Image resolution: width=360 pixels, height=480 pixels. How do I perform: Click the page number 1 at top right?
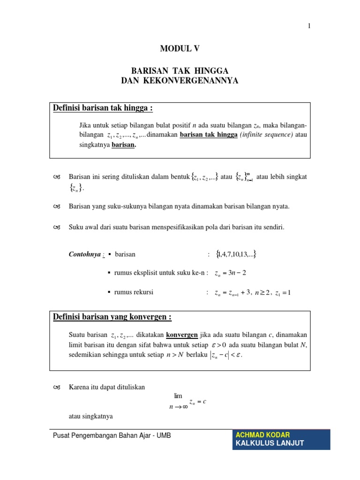(x=309, y=26)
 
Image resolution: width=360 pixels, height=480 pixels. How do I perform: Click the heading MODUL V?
(x=180, y=48)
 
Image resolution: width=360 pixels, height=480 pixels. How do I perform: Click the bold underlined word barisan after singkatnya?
(x=124, y=145)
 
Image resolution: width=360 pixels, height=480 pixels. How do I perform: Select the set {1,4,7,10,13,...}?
(x=236, y=255)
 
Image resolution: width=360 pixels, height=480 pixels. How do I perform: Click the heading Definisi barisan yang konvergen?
(x=112, y=317)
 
